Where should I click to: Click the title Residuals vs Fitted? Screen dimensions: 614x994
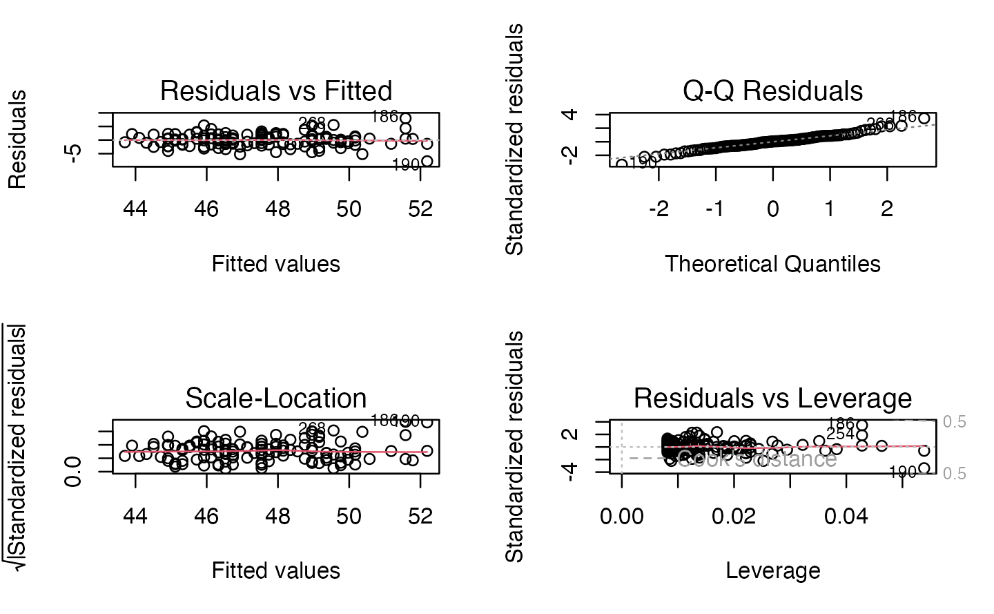276,91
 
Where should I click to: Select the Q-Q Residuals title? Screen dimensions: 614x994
772,91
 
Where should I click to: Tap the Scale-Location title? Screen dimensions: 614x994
276,399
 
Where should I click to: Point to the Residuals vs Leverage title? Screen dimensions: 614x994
772,399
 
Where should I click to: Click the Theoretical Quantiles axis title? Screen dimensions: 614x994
772,264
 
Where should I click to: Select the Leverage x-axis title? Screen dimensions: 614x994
772,570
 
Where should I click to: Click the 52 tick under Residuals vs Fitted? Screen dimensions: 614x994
420,209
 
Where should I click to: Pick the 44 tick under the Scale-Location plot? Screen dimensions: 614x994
135,515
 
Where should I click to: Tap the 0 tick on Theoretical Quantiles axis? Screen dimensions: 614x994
772,209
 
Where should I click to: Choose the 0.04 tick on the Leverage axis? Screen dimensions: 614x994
846,515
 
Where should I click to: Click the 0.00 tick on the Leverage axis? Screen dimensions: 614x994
622,515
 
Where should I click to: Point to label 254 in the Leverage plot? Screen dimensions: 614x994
840,434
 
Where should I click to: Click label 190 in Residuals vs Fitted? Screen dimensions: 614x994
406,166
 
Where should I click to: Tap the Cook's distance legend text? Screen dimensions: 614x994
757,460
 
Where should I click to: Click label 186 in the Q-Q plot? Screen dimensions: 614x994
903,116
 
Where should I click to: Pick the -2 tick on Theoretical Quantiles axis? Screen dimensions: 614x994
659,209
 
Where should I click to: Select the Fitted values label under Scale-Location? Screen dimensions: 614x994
276,570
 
